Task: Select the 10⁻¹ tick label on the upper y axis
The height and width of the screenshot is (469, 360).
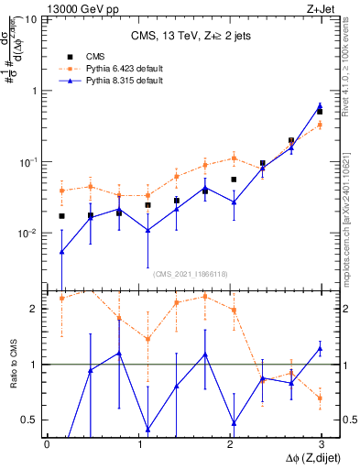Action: [27, 161]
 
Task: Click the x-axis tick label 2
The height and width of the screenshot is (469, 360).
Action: [229, 444]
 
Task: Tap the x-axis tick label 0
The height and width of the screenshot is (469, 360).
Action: [47, 444]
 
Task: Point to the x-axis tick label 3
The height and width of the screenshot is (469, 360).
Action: [321, 444]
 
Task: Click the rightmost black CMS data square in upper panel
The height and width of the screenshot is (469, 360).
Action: [320, 111]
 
